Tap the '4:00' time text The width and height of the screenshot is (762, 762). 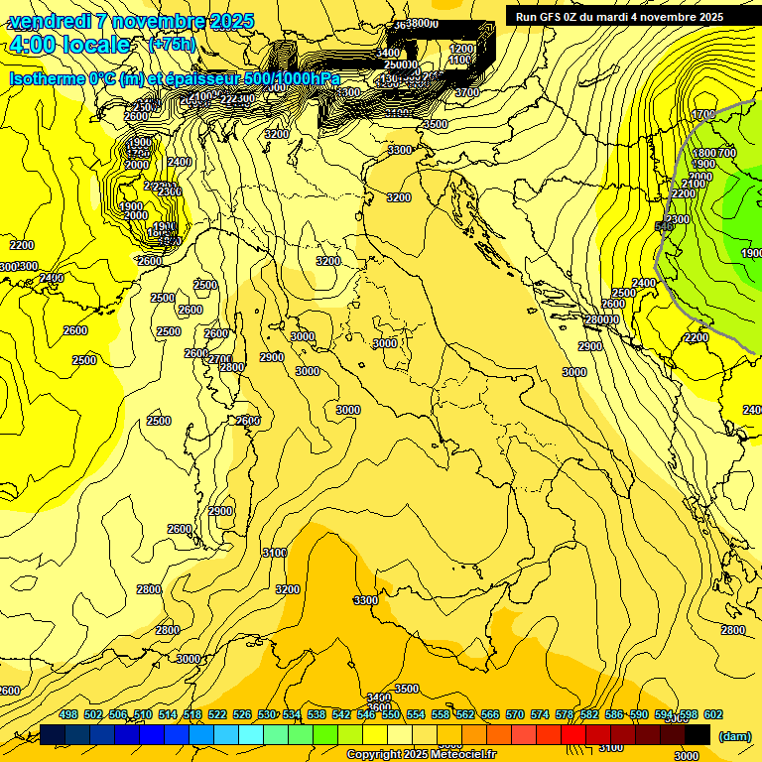pyautogui.click(x=32, y=45)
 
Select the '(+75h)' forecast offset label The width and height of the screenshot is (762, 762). pyautogui.click(x=172, y=45)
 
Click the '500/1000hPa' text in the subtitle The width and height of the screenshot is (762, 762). pyautogui.click(x=293, y=78)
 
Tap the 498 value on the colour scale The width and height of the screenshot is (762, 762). pyautogui.click(x=68, y=714)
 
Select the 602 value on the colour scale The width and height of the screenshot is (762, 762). pyautogui.click(x=711, y=714)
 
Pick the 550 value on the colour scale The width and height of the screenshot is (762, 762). pyautogui.click(x=391, y=714)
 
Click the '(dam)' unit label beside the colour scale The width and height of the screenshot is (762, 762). pyautogui.click(x=734, y=735)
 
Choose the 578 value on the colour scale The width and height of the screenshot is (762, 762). pyautogui.click(x=565, y=714)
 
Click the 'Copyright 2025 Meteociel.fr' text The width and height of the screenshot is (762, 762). pyautogui.click(x=421, y=755)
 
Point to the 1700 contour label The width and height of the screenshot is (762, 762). pyautogui.click(x=704, y=115)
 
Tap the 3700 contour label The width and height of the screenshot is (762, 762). pyautogui.click(x=466, y=92)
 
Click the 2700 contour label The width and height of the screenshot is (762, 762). pyautogui.click(x=219, y=358)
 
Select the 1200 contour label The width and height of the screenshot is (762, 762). pyautogui.click(x=461, y=48)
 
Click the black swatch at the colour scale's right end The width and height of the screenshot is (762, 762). pyautogui.click(x=698, y=735)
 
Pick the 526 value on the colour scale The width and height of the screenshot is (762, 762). pyautogui.click(x=242, y=714)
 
